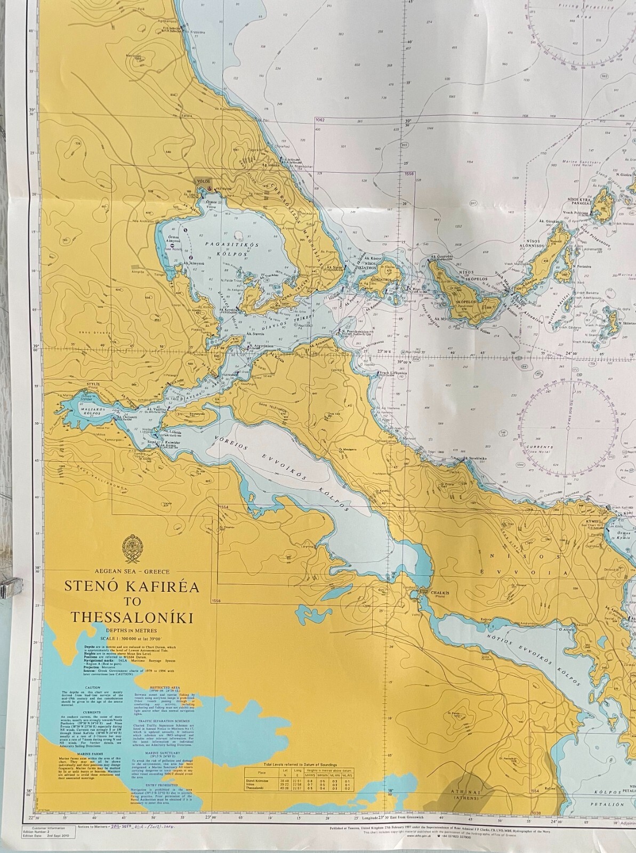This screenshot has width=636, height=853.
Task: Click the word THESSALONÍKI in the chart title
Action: [132, 617]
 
